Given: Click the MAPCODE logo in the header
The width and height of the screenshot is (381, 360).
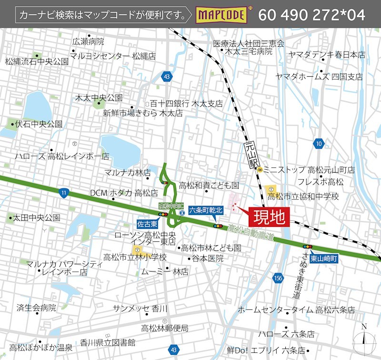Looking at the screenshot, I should click(222, 15).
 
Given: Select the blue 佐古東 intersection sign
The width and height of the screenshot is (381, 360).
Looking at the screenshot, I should click(146, 222).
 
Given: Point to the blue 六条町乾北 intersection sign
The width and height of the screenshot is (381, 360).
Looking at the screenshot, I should click(206, 210).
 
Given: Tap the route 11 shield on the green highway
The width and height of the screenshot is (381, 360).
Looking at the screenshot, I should click(64, 192).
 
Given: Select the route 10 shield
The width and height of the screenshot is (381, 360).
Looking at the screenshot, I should click(319, 143).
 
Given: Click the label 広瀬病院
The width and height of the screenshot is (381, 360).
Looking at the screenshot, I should click(88, 41).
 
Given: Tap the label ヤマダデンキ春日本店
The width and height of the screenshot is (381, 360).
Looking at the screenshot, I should click(327, 55).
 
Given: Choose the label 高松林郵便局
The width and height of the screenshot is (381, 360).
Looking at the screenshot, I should click(165, 328).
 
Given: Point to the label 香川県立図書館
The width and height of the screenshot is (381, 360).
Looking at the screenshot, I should click(108, 342).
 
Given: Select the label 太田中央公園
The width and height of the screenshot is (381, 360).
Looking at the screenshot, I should click(36, 218).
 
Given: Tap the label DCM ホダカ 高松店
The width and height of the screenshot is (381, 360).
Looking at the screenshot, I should click(124, 193).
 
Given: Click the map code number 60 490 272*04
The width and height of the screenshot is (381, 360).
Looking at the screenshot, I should click(312, 15).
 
